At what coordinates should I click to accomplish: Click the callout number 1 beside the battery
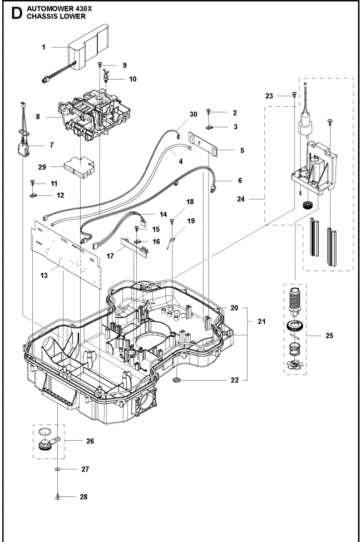point(43,48)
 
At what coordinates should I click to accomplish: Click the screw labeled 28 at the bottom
point(58,494)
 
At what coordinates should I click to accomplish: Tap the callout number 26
point(90,441)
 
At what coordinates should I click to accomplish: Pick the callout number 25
point(329,336)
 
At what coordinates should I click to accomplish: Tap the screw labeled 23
point(294,96)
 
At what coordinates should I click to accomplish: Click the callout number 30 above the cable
point(193,114)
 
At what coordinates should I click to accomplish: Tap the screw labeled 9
point(100,66)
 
